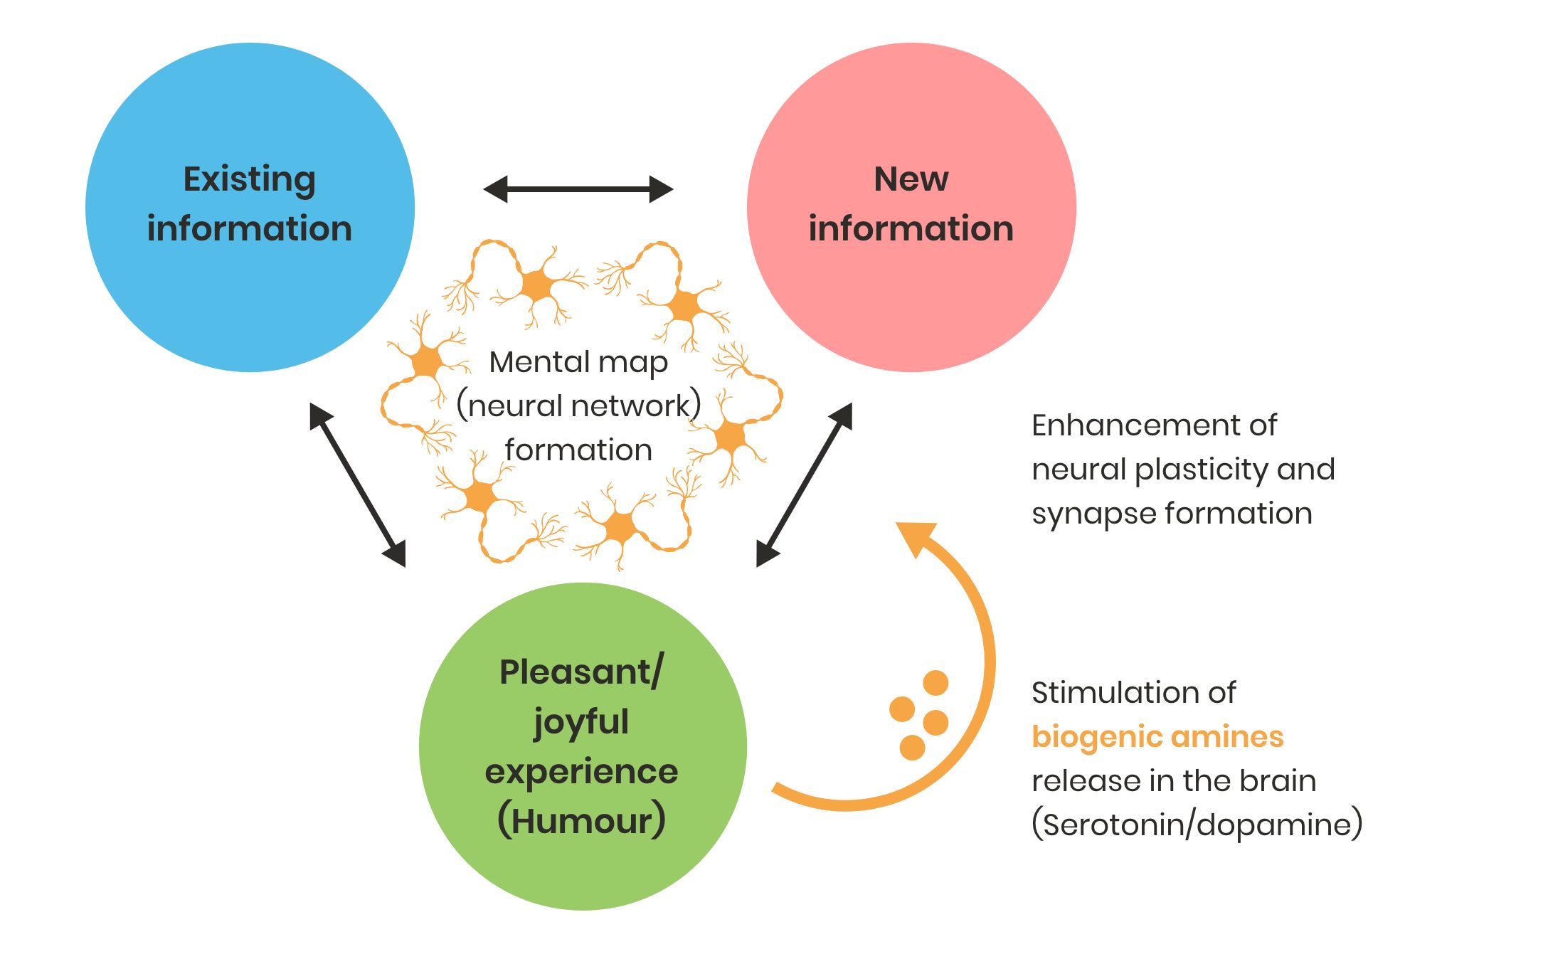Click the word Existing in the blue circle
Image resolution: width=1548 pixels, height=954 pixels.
[249, 179]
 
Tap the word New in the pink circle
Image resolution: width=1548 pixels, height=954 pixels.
[911, 179]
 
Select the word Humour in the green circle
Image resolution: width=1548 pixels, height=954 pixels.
[581, 821]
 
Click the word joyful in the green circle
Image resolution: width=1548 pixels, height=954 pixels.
[581, 723]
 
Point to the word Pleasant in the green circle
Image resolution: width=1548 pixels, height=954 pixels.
[575, 672]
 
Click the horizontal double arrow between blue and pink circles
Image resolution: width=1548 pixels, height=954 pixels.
[578, 189]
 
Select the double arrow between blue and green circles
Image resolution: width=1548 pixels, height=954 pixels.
[357, 485]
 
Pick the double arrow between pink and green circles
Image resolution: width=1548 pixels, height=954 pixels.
[804, 485]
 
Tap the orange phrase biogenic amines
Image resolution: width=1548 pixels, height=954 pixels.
[1157, 736]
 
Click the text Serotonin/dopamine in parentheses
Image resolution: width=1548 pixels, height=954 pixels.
[1197, 825]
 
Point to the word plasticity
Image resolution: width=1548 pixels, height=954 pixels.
[1199, 470]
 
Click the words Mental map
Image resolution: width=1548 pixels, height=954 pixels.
[578, 362]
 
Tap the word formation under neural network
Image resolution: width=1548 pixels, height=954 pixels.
[578, 450]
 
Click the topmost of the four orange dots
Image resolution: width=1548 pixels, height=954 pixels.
[935, 683]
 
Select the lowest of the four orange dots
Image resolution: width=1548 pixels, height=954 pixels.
[912, 748]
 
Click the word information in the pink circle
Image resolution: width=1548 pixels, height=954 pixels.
[911, 228]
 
